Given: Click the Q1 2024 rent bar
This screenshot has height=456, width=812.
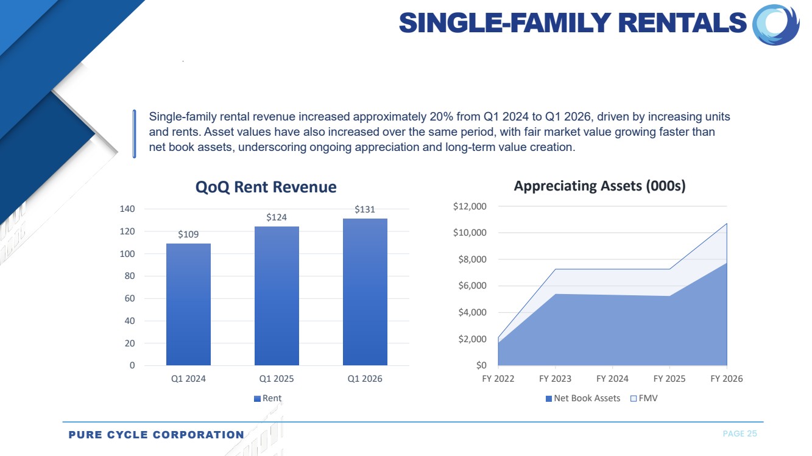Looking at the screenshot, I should pos(188,304).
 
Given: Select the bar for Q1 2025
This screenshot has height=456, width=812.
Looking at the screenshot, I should pos(277,296).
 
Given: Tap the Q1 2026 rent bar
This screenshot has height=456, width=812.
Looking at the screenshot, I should pos(365,292).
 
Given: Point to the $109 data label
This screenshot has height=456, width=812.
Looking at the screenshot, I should pos(188,234).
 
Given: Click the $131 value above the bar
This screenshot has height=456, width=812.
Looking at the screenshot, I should pos(365,209).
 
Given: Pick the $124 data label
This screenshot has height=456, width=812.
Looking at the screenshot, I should pos(277,217).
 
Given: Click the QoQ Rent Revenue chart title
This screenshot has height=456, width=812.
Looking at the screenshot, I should pos(266,187).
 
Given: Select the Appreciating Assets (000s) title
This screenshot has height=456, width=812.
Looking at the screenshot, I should pos(599,186).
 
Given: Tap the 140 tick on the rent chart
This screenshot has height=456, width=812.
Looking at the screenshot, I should pos(127,209).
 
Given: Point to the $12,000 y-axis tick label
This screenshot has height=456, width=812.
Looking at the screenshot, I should pos(470,206).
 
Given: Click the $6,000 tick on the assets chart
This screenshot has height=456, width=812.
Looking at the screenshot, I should pos(472,286).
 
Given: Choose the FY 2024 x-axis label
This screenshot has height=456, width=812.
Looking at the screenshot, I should pos(612,379).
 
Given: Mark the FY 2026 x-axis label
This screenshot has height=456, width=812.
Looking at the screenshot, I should pos(726,379).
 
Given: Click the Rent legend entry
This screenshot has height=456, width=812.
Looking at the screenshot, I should pos(268,398).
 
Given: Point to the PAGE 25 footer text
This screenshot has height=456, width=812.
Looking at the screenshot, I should pos(740,434).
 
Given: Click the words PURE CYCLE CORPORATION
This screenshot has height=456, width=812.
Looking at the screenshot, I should pos(156,435).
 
